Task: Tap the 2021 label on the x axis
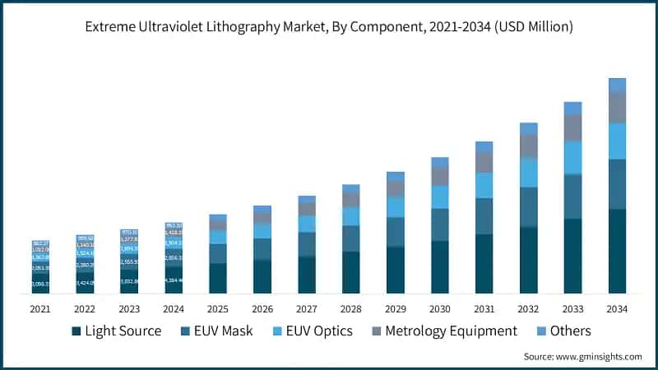click(x=40, y=309)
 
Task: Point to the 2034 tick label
click(x=617, y=309)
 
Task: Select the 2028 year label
click(x=350, y=309)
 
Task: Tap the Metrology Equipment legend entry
click(x=444, y=331)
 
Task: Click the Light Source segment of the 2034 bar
click(x=617, y=251)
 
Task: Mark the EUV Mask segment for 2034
click(x=617, y=184)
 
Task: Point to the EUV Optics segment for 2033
click(x=572, y=157)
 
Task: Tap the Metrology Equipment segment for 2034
click(x=617, y=107)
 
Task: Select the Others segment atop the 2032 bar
click(x=528, y=128)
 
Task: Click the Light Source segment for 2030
click(x=439, y=266)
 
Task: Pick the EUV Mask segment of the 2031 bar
click(x=484, y=216)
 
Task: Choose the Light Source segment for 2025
click(x=218, y=278)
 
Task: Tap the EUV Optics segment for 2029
click(x=396, y=206)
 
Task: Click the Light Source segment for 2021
click(x=40, y=284)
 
